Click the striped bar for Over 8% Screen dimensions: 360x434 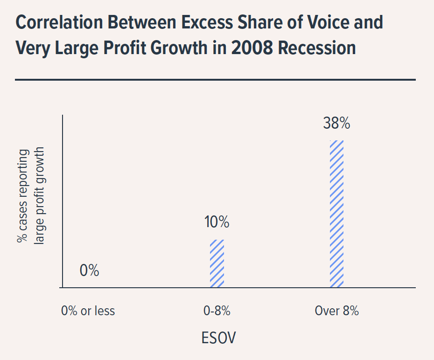(336, 214)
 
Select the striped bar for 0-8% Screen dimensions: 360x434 (217, 263)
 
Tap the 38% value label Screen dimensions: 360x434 (336, 124)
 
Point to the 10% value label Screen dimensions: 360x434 (217, 222)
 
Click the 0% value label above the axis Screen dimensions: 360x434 (89, 270)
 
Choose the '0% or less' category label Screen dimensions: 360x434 (88, 311)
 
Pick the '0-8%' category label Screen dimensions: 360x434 (217, 311)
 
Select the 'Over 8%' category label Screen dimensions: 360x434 (336, 311)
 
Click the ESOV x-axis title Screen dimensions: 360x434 (218, 338)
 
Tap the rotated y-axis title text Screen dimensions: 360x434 (30, 196)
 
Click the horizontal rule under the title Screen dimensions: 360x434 (215, 80)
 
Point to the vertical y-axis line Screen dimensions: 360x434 (63, 201)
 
